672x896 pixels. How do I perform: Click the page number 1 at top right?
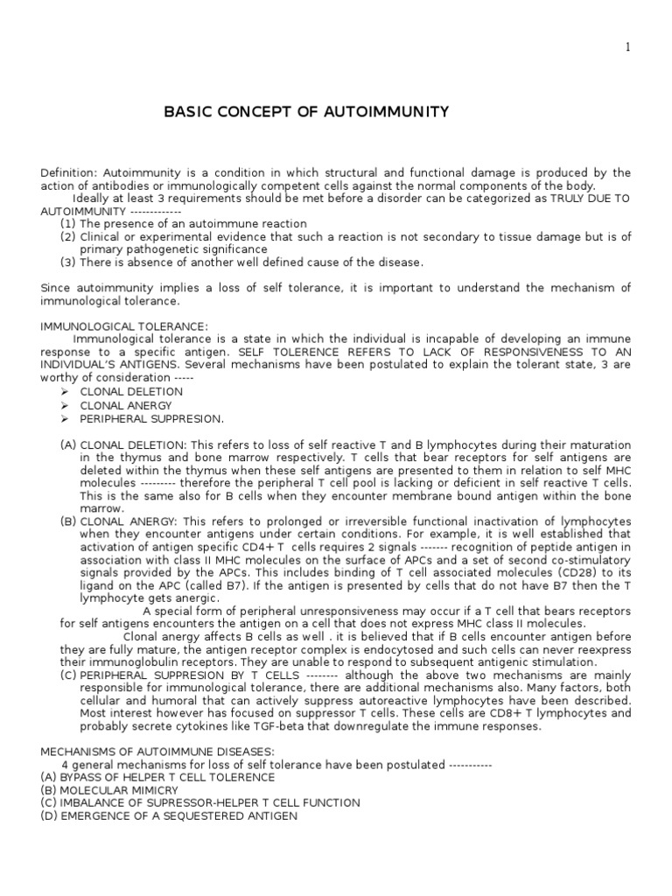[652, 47]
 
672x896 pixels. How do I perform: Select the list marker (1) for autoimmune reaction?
[67, 224]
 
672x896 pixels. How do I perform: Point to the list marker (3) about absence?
[67, 262]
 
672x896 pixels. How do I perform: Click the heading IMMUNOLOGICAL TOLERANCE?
[124, 326]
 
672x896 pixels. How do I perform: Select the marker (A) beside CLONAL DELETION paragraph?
[68, 445]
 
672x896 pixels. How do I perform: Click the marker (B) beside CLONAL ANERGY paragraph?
[68, 521]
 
